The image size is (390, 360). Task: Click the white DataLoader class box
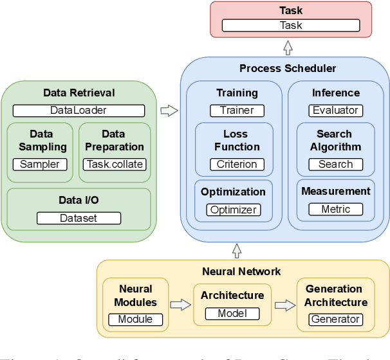point(79,110)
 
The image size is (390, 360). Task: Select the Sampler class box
point(39,164)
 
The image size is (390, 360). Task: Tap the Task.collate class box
point(115,164)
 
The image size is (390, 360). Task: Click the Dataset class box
point(79,218)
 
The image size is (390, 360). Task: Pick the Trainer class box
point(237,110)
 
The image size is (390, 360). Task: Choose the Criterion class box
point(237,164)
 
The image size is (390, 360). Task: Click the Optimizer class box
point(234,210)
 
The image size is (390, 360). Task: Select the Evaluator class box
point(335,110)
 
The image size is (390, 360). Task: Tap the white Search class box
point(335,164)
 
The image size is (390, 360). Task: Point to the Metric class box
point(335,209)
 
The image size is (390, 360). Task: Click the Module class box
point(135,319)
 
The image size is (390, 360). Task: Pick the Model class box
point(232,314)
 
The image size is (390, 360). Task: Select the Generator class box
point(335,319)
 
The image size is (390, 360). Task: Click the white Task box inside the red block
point(290,26)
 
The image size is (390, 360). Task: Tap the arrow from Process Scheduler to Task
point(288,47)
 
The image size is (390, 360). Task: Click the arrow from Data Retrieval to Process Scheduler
point(169,111)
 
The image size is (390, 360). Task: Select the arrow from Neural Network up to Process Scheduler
point(236,249)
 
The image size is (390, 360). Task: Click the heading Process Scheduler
point(288,68)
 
